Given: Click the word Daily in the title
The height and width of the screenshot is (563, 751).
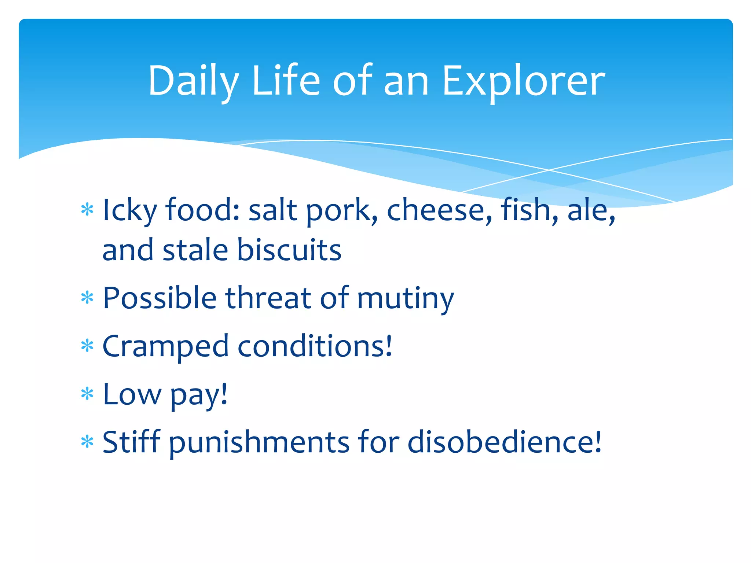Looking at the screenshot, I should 193,81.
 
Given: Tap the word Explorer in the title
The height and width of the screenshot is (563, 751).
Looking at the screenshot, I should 523,81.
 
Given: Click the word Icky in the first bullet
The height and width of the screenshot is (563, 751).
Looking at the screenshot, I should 129,210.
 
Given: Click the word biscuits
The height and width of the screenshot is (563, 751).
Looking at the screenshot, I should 289,250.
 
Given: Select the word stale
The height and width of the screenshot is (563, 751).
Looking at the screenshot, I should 195,250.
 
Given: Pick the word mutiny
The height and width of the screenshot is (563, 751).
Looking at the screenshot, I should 406,298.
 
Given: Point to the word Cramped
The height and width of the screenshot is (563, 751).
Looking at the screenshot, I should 165,346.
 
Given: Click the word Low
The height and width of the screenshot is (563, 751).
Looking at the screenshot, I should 132,394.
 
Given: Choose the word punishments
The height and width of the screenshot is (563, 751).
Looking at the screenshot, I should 259,442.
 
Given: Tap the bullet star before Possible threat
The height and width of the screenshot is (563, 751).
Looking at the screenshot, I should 87,298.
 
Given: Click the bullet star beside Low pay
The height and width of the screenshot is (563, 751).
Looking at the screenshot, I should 87,394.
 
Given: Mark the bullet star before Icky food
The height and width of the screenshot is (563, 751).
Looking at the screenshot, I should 87,210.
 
